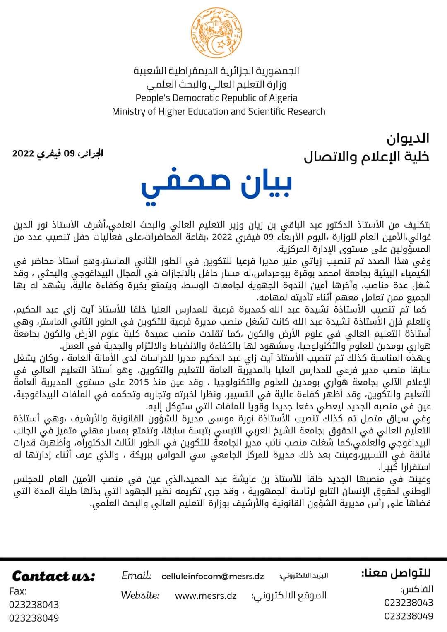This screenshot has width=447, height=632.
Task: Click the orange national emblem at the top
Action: [x=217, y=33]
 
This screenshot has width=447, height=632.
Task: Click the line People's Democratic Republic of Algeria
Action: [x=217, y=98]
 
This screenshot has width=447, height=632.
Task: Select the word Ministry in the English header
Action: [x=129, y=111]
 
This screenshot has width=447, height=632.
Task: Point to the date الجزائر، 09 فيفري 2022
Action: [x=58, y=153]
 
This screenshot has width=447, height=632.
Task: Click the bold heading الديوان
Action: [x=408, y=139]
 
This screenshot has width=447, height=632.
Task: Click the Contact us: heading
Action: [x=53, y=576]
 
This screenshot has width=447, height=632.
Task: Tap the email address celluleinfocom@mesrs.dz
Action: [x=213, y=576]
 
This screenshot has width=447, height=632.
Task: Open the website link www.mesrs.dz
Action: [x=206, y=596]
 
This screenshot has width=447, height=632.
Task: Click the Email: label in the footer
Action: [x=137, y=575]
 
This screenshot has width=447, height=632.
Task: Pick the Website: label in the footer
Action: [x=140, y=596]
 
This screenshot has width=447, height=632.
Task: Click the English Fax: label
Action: [x=18, y=591]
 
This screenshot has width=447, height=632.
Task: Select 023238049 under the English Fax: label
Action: [x=34, y=618]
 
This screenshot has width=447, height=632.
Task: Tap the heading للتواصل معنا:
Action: [x=396, y=573]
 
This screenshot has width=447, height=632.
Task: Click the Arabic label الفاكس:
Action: [x=416, y=589]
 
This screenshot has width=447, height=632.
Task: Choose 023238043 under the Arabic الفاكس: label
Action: [x=409, y=602]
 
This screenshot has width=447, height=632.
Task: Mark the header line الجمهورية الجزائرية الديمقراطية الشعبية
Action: [x=216, y=71]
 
